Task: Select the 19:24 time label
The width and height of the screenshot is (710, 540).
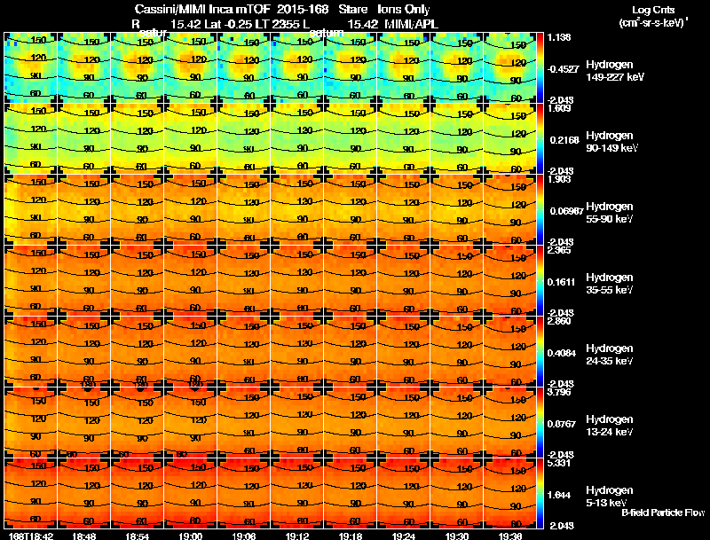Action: tap(405, 536)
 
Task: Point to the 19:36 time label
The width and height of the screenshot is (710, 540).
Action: tap(512, 536)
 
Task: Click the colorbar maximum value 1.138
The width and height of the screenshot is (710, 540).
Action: tap(559, 37)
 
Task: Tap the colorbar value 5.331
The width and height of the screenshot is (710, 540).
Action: tap(559, 463)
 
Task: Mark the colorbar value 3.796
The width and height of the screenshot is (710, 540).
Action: tap(559, 392)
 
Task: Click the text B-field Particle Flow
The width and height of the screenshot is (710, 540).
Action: tap(662, 513)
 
